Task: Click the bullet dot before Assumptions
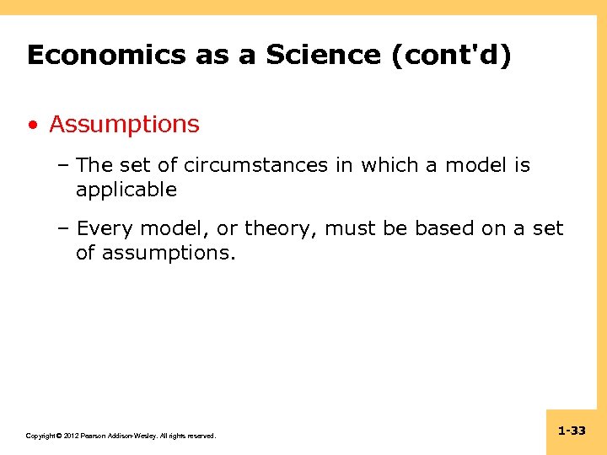click(x=32, y=126)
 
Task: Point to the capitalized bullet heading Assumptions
click(x=124, y=125)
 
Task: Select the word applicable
click(x=126, y=190)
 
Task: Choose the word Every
click(x=105, y=228)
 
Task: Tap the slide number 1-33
click(x=572, y=431)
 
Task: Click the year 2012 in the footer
click(x=70, y=436)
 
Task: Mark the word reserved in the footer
click(x=201, y=436)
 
